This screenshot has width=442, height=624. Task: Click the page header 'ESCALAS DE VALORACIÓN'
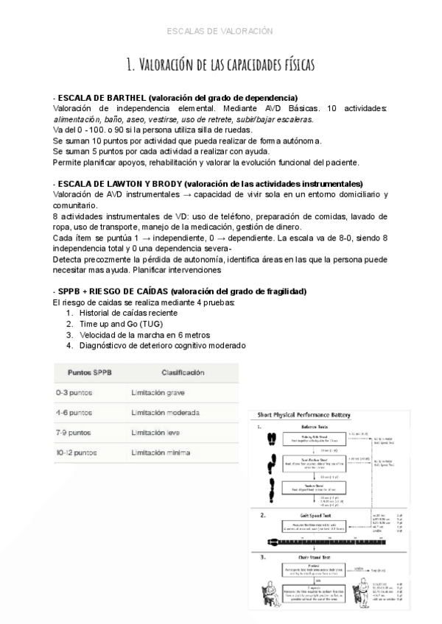(x=220, y=31)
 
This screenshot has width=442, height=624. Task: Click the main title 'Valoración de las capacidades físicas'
(x=221, y=65)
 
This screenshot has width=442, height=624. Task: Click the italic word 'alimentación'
(x=77, y=119)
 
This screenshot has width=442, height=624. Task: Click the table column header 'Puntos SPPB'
(x=90, y=373)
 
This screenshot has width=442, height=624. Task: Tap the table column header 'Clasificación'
(x=183, y=373)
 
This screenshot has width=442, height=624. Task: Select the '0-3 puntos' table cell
(x=74, y=393)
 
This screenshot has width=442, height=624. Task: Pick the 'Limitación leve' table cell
(x=155, y=433)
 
